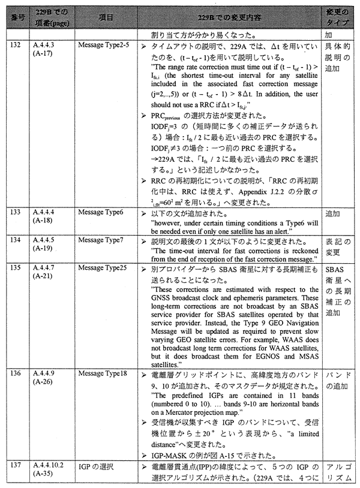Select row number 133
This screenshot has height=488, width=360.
pyautogui.click(x=12, y=212)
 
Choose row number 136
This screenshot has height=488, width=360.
pyautogui.click(x=12, y=373)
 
